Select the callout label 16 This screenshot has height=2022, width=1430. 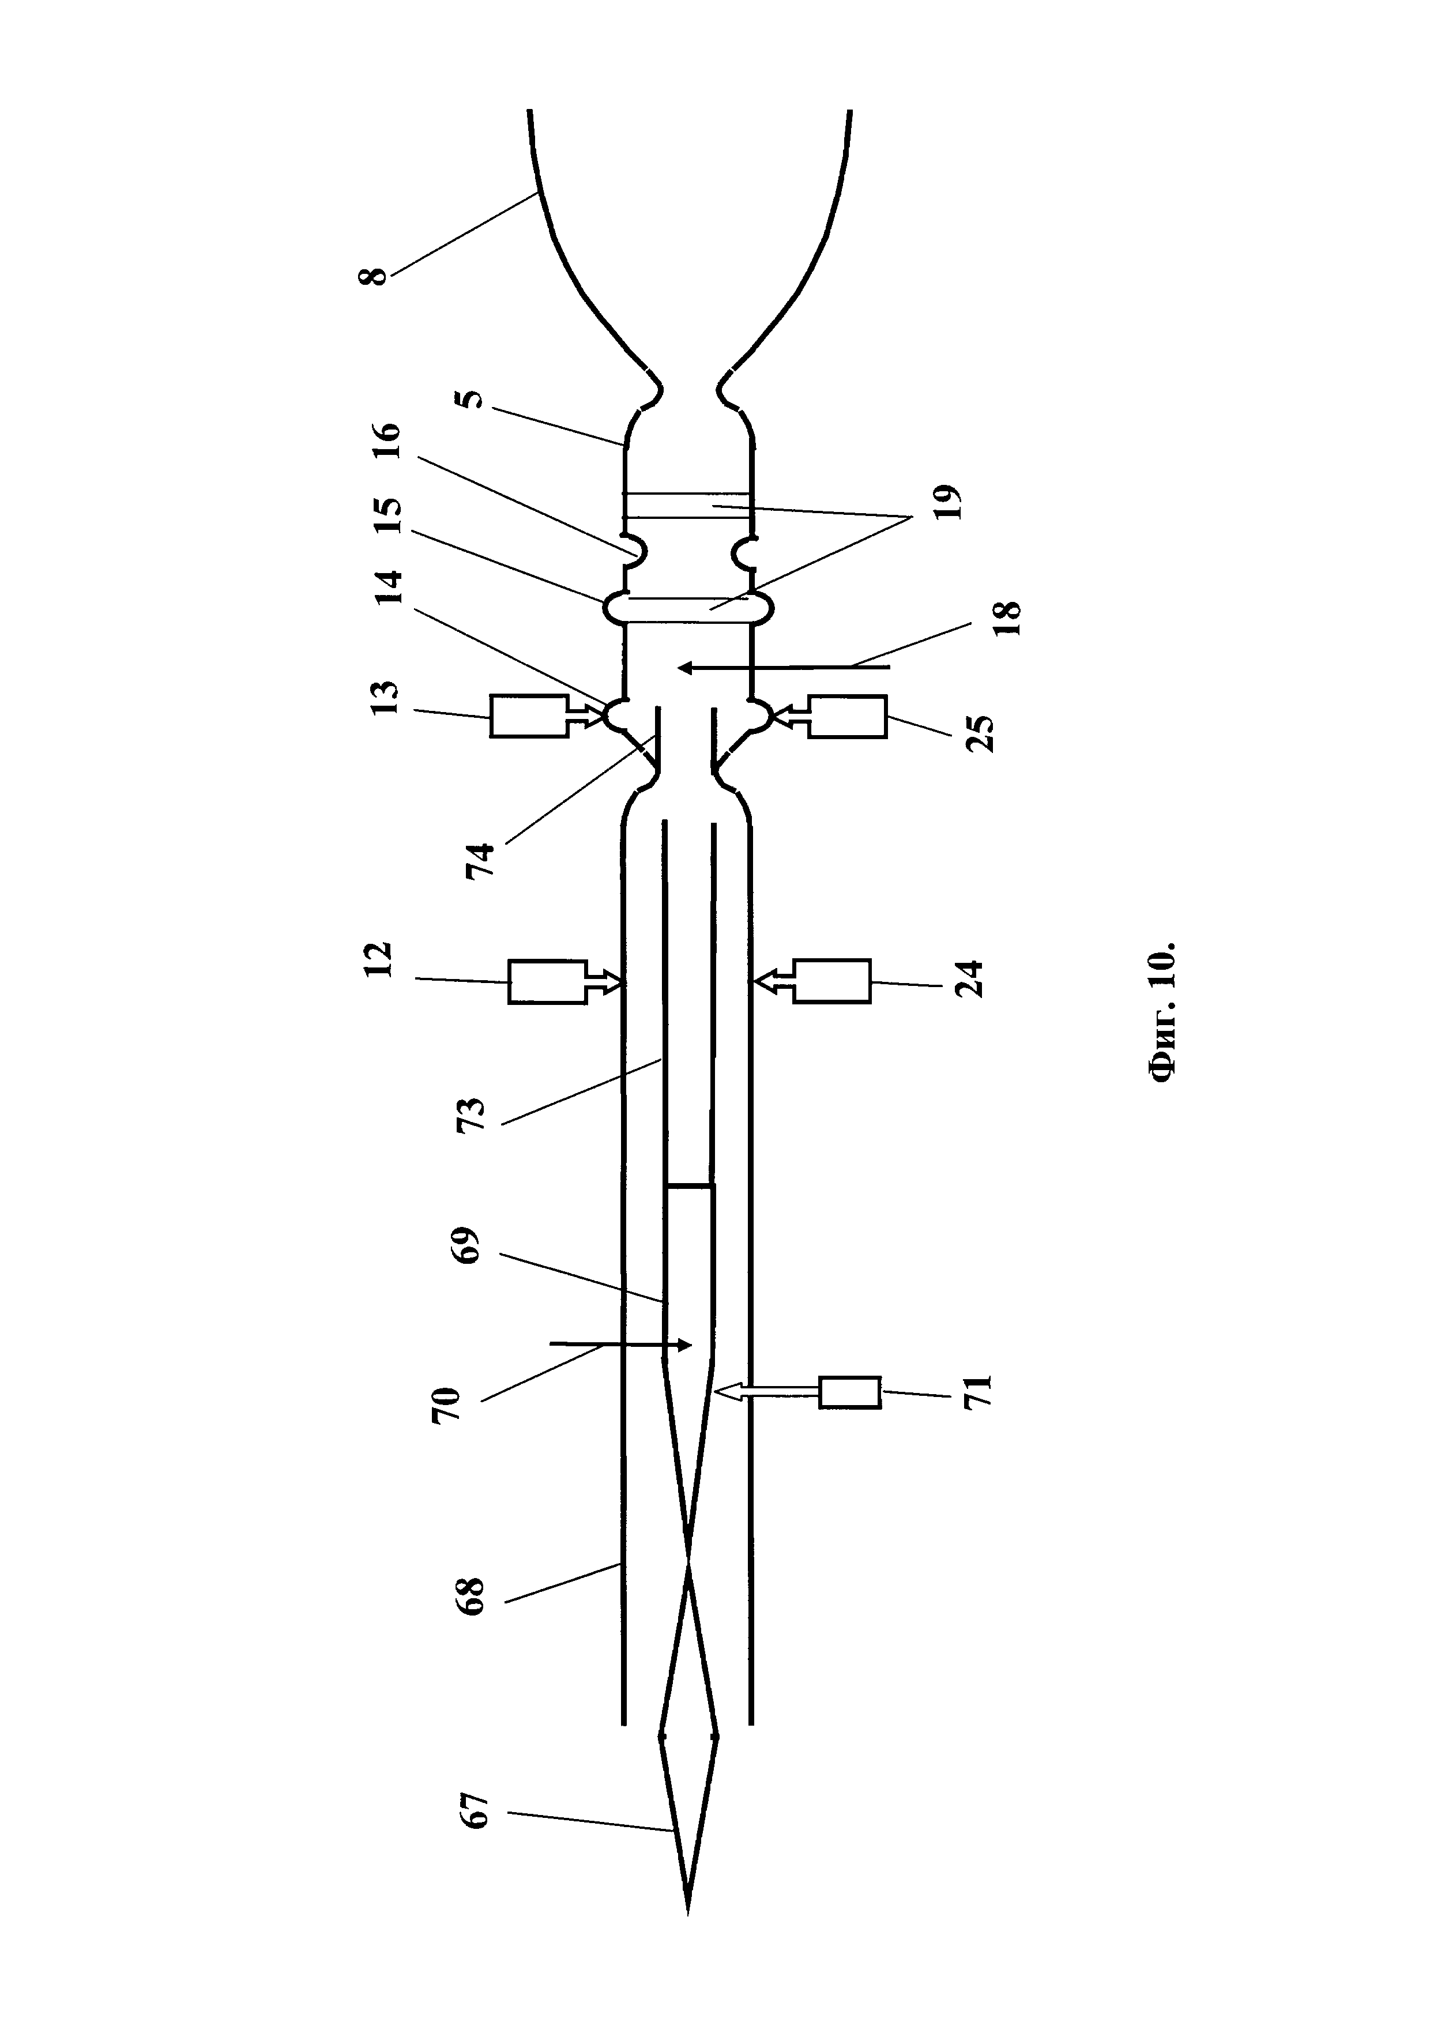pos(388,440)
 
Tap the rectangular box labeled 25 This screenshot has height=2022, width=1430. pos(847,716)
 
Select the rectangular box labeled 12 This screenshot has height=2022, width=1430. pos(547,981)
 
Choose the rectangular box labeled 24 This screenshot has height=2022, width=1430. pos(832,981)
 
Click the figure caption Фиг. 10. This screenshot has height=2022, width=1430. pos(1162,1012)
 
